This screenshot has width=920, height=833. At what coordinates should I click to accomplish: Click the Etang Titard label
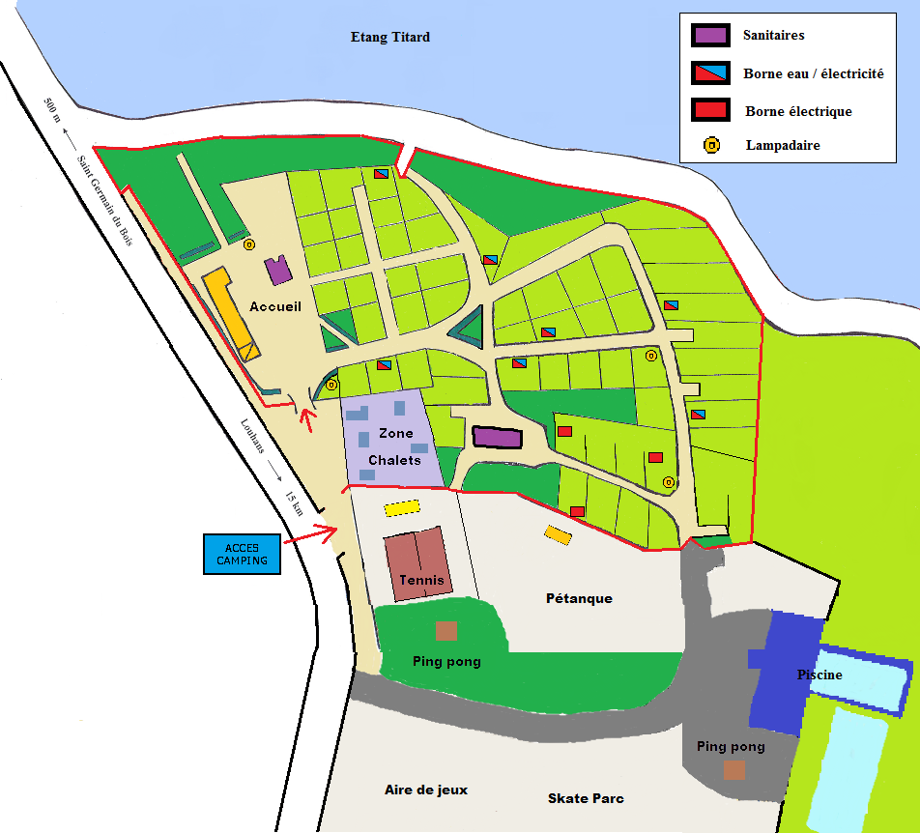point(389,38)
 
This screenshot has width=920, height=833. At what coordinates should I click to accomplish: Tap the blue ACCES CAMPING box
point(242,554)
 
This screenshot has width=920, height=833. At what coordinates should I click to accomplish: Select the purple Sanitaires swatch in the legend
point(709,36)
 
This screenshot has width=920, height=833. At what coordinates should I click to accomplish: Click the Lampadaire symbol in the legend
point(710,146)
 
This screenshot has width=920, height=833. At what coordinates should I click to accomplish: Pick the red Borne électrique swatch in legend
point(709,110)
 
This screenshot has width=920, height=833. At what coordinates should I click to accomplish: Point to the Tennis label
point(421,581)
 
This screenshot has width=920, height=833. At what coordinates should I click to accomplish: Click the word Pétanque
point(579,598)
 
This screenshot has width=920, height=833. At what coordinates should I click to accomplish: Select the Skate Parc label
point(586,798)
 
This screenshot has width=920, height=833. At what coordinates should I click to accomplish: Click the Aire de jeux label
point(426,790)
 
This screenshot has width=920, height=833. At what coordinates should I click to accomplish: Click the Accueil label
point(275,306)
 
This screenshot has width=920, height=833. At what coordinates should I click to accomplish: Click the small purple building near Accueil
point(279,271)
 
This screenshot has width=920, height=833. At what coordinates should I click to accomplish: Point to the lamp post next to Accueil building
point(248,244)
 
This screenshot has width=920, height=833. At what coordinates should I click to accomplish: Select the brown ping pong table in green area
point(446,631)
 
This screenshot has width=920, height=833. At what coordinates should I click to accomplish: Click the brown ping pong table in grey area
point(734,770)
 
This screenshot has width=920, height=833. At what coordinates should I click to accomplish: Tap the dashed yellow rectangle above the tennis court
point(402,508)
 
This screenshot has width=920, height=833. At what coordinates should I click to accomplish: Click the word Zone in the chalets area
point(395,434)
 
